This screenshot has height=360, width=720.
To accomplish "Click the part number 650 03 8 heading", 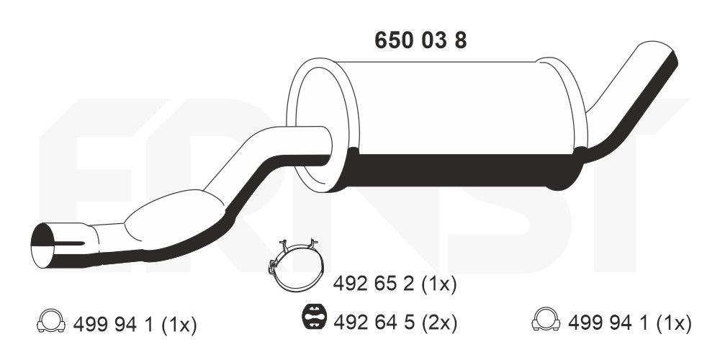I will (x=420, y=40).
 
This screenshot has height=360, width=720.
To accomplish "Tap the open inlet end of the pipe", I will (x=44, y=246).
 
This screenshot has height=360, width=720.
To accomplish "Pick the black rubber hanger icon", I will (x=314, y=318).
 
